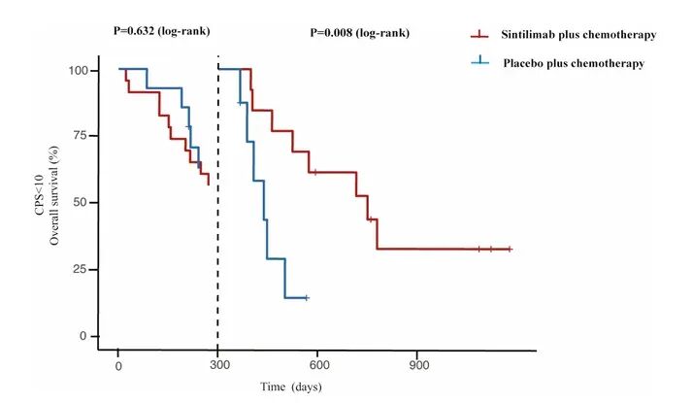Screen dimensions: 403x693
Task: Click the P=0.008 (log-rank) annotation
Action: tap(359, 32)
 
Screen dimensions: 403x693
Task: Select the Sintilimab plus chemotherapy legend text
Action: tap(579, 35)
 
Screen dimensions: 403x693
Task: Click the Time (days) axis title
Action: tap(290, 386)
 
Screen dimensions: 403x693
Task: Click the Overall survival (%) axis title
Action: tap(56, 203)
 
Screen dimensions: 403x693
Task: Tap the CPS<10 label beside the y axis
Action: tap(40, 203)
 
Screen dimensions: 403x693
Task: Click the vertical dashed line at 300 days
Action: tap(217, 194)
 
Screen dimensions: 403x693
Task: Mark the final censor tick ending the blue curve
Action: tap(306, 297)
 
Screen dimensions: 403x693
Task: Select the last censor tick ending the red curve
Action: tap(509, 249)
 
